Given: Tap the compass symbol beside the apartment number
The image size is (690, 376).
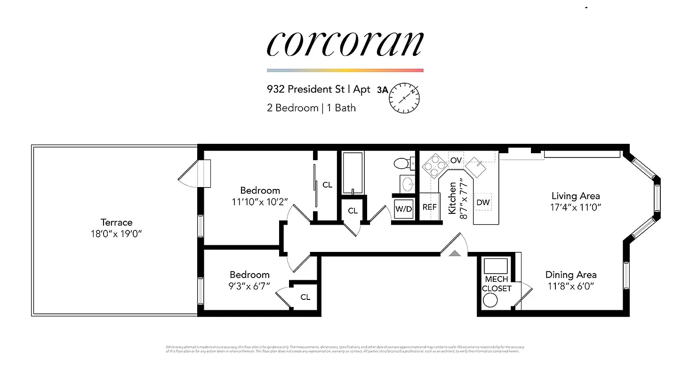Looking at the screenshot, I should coord(404,98).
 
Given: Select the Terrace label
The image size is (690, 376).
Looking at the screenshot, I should coord(116,222).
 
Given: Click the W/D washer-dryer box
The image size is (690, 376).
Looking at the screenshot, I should coord(403,209).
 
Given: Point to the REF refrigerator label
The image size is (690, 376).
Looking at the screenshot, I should coord(429,207).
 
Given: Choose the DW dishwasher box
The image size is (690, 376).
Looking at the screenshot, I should coord(483,202).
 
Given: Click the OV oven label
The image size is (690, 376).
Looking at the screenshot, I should coord(456,160).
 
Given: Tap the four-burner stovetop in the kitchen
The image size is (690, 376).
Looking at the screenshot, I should coord(434,165).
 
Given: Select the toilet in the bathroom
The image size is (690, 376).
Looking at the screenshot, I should coord(402,163).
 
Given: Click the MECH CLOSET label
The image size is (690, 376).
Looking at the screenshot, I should coord(496,284).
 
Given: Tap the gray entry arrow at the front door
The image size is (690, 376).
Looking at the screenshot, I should coord(455,253).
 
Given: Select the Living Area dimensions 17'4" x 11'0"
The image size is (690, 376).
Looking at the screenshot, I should coord(576,206).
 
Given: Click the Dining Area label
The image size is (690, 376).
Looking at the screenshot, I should coord(571,275).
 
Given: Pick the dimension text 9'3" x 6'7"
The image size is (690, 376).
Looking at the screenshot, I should coord(249,285).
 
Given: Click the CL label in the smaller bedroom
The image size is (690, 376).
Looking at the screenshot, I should coord(305,297).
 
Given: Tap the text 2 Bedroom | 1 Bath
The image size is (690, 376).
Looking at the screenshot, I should coord(311,108).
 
